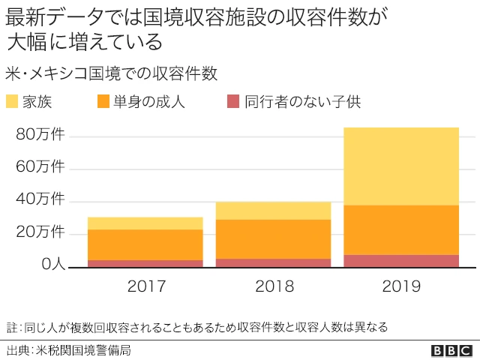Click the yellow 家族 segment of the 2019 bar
(x=401, y=166)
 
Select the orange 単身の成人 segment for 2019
(x=401, y=229)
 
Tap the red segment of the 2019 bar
(x=401, y=261)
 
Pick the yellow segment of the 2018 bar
(x=273, y=211)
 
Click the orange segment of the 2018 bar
(x=273, y=239)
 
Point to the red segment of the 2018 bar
(x=273, y=263)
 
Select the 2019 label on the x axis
(x=401, y=286)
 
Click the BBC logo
(x=451, y=349)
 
